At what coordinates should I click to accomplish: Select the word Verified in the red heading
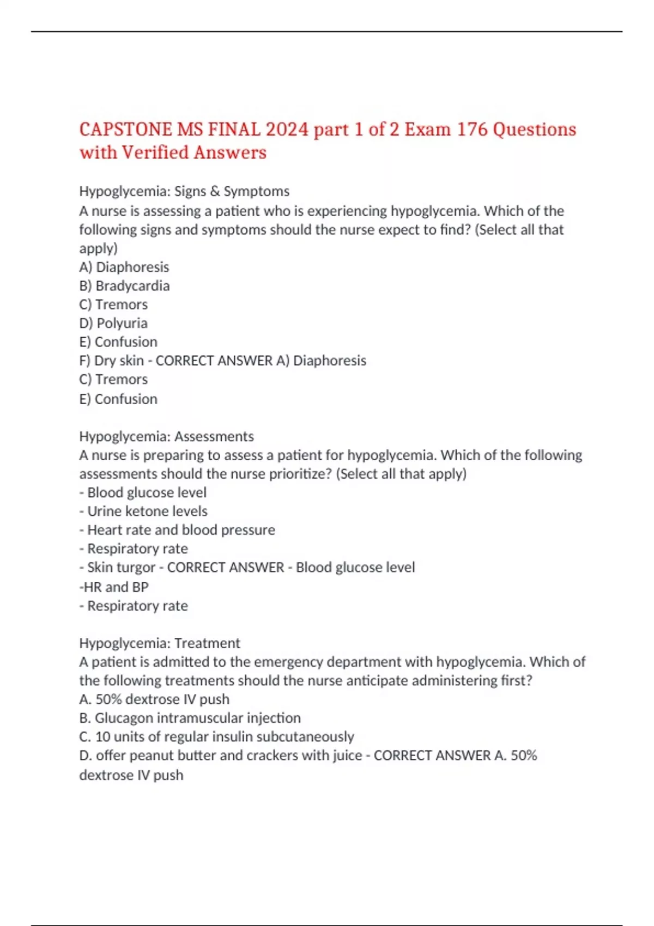tap(155, 153)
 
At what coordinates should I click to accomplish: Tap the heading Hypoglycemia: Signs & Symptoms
tap(184, 191)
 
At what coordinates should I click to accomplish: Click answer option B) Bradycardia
tap(124, 286)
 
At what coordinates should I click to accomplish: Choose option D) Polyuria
tap(113, 323)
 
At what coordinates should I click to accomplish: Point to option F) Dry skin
tap(112, 361)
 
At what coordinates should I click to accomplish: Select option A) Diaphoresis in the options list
tap(124, 267)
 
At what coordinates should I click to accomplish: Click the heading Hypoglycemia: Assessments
tap(166, 436)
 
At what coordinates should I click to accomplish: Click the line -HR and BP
tap(114, 587)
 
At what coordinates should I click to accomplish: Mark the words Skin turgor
tap(121, 568)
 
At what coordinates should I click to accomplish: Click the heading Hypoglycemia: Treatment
tap(159, 643)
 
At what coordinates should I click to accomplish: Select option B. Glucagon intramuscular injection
tap(190, 718)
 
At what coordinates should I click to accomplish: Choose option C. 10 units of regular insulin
tap(216, 737)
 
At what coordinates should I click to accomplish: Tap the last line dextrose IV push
tap(131, 775)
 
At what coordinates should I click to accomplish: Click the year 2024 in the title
tap(287, 129)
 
